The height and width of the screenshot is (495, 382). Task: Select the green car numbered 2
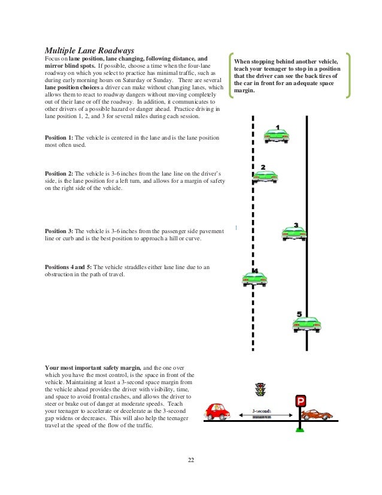coord(265,176)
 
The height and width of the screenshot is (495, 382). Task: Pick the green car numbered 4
coord(254,279)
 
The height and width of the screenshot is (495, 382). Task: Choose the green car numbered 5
coord(307,324)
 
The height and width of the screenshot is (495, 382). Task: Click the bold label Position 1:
coord(59,138)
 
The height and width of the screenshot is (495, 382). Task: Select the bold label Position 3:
coord(59,231)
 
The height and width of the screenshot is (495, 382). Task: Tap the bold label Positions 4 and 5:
coord(69,267)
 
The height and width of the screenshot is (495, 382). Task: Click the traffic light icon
coord(260,390)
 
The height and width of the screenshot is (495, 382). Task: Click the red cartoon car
coord(218,411)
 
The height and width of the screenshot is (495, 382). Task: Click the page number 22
coord(190,460)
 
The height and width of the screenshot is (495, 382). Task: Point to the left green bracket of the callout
coord(229,77)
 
